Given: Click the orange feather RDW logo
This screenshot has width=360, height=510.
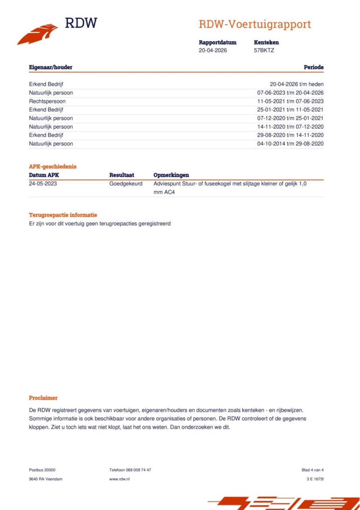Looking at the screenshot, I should [x=38, y=34].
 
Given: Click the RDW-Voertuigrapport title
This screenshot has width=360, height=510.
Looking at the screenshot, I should [x=255, y=24].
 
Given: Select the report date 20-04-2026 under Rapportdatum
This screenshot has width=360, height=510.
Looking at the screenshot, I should [x=213, y=50].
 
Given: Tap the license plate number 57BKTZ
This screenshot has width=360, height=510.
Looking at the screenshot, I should [x=264, y=50].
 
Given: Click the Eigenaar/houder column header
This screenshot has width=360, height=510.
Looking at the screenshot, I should [x=51, y=67].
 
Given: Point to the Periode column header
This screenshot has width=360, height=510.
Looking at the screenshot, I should [x=313, y=67].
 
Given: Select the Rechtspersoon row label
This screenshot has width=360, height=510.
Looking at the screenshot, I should [x=47, y=101].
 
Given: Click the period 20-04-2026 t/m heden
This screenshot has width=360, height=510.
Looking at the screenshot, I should [x=296, y=84].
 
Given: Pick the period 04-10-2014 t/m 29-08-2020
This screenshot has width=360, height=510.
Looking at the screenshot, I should [x=290, y=144].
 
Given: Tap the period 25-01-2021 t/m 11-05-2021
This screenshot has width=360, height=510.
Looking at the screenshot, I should [x=290, y=110].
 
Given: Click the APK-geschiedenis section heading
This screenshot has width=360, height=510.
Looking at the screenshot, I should [x=53, y=167].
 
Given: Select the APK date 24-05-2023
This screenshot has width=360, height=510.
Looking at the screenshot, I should [x=43, y=184].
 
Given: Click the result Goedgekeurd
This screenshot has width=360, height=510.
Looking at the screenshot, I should [x=126, y=184].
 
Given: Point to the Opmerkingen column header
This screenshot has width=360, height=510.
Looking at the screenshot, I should [x=171, y=175].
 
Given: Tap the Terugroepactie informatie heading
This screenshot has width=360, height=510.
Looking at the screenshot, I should [x=63, y=215].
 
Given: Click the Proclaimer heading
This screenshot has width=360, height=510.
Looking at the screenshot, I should [x=43, y=398].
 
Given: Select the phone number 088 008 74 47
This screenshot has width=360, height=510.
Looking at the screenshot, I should [x=138, y=470].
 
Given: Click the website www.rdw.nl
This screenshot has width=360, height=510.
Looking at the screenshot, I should [x=120, y=479].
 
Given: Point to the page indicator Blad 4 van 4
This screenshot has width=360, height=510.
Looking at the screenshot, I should [x=312, y=470].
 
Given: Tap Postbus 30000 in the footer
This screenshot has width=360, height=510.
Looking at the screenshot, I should [x=42, y=470].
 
